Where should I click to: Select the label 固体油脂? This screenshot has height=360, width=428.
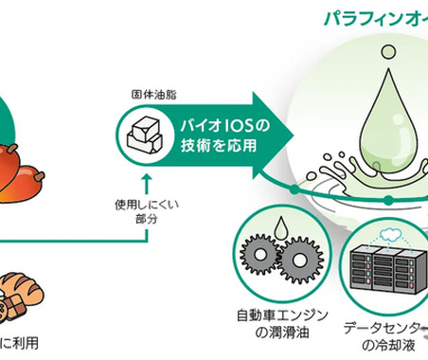(152, 97)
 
